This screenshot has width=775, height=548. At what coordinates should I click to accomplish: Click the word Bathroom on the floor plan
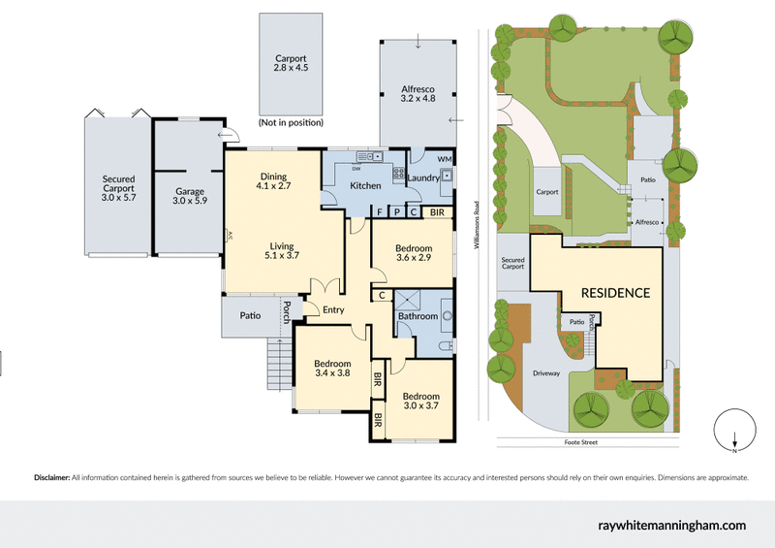click(418, 316)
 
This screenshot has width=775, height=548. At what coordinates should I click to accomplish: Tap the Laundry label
click(422, 177)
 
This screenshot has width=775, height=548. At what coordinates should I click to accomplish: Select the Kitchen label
click(365, 185)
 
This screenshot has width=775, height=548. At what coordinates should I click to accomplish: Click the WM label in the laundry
click(446, 158)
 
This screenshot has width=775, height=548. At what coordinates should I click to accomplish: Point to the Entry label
click(333, 309)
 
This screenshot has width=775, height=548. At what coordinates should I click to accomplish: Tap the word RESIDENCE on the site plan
click(615, 292)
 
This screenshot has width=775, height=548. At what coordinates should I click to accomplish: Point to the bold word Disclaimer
click(51, 478)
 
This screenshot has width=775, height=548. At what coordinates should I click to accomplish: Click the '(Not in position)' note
click(292, 124)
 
